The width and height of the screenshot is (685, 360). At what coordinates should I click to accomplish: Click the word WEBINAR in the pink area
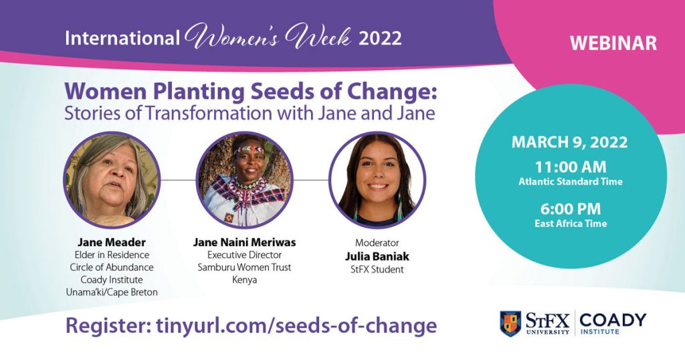pyautogui.click(x=613, y=43)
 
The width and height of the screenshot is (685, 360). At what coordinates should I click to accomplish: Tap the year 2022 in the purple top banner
pyautogui.click(x=380, y=38)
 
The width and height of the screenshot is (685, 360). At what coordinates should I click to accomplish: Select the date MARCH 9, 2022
pyautogui.click(x=570, y=143)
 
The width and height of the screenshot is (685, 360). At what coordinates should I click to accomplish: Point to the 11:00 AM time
pyautogui.click(x=571, y=167)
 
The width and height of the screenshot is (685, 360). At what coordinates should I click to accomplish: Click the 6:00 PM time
pyautogui.click(x=571, y=209)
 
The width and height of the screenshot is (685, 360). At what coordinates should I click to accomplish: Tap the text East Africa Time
pyautogui.click(x=571, y=223)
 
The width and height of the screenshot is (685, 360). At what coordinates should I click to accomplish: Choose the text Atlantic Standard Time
pyautogui.click(x=571, y=182)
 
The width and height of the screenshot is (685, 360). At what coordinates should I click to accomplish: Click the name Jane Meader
pyautogui.click(x=112, y=242)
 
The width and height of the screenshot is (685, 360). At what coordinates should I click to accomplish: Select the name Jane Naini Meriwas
pyautogui.click(x=245, y=242)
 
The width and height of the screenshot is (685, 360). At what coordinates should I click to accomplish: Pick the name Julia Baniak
pyautogui.click(x=377, y=256)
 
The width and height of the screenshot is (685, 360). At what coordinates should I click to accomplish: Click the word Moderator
pyautogui.click(x=377, y=243)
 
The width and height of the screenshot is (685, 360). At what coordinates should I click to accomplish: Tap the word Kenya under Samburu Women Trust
pyautogui.click(x=245, y=280)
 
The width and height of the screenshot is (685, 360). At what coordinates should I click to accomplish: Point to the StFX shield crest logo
pyautogui.click(x=510, y=324)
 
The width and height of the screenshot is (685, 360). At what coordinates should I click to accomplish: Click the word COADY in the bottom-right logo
pyautogui.click(x=613, y=320)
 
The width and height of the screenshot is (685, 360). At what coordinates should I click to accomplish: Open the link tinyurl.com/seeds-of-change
pyautogui.click(x=296, y=326)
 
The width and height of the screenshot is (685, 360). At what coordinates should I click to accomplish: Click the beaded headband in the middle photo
pyautogui.click(x=249, y=150)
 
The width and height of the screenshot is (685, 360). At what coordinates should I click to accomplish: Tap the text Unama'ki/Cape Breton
pyautogui.click(x=112, y=292)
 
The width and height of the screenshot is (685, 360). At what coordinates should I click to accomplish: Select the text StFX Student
pyautogui.click(x=377, y=270)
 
